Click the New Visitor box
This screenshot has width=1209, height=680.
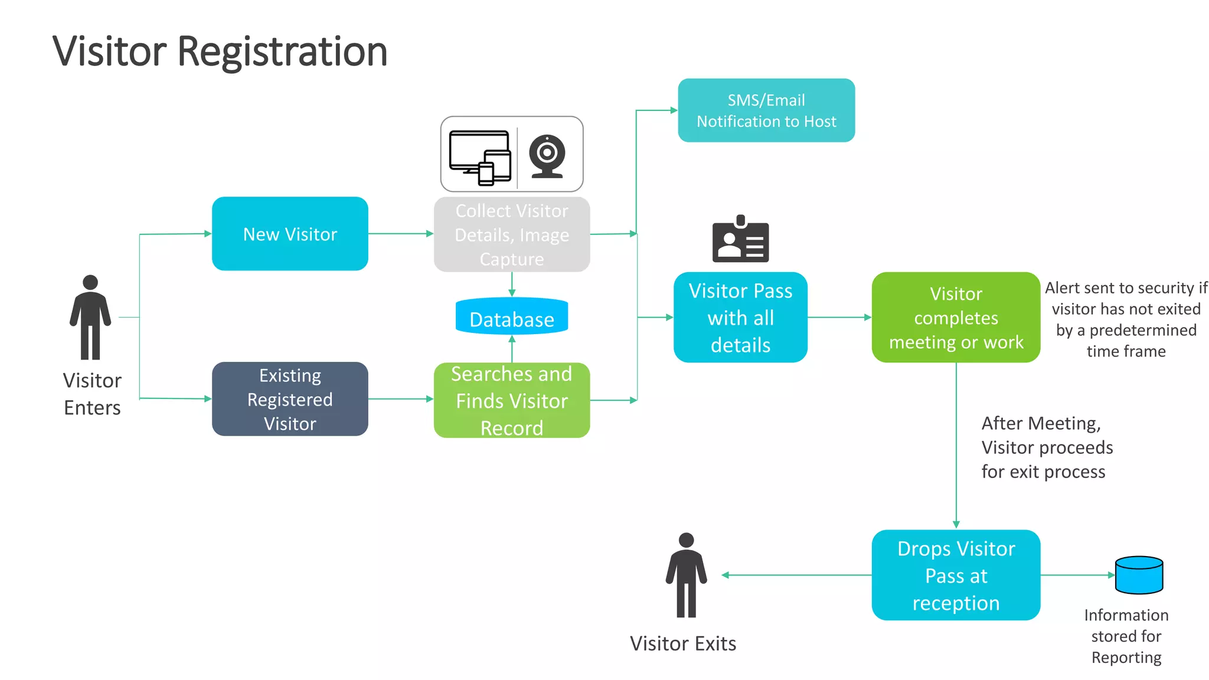290,234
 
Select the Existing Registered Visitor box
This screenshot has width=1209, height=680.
290,399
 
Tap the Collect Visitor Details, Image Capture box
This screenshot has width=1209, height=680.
512,234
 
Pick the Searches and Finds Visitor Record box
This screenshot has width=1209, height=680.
512,400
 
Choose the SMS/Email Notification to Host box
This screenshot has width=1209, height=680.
766,110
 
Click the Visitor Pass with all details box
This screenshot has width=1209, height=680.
740,318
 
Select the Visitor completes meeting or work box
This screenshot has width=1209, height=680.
956,318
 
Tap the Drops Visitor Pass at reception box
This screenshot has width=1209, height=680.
956,575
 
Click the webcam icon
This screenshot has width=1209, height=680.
547,155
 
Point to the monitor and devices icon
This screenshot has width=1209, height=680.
480,156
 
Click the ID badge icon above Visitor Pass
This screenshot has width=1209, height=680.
740,239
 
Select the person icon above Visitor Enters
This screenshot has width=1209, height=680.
90,317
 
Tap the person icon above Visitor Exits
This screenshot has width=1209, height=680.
686,575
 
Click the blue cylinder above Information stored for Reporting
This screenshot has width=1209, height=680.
1139,574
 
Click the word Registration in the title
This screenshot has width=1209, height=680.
282,51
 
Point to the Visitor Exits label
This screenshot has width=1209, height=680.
683,643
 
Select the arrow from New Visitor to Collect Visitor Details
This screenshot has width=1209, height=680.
401,234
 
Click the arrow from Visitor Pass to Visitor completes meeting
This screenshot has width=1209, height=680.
839,318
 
